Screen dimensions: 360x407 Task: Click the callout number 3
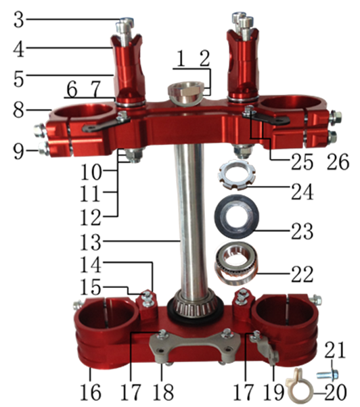click(19, 20)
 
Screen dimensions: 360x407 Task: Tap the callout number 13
click(90, 242)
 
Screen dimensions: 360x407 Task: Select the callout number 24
click(302, 191)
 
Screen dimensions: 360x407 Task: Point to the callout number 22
click(302, 274)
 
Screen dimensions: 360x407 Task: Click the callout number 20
click(336, 391)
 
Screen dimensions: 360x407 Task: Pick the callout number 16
click(90, 392)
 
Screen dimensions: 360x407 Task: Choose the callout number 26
click(338, 162)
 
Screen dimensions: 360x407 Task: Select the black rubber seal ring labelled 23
click(236, 216)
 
